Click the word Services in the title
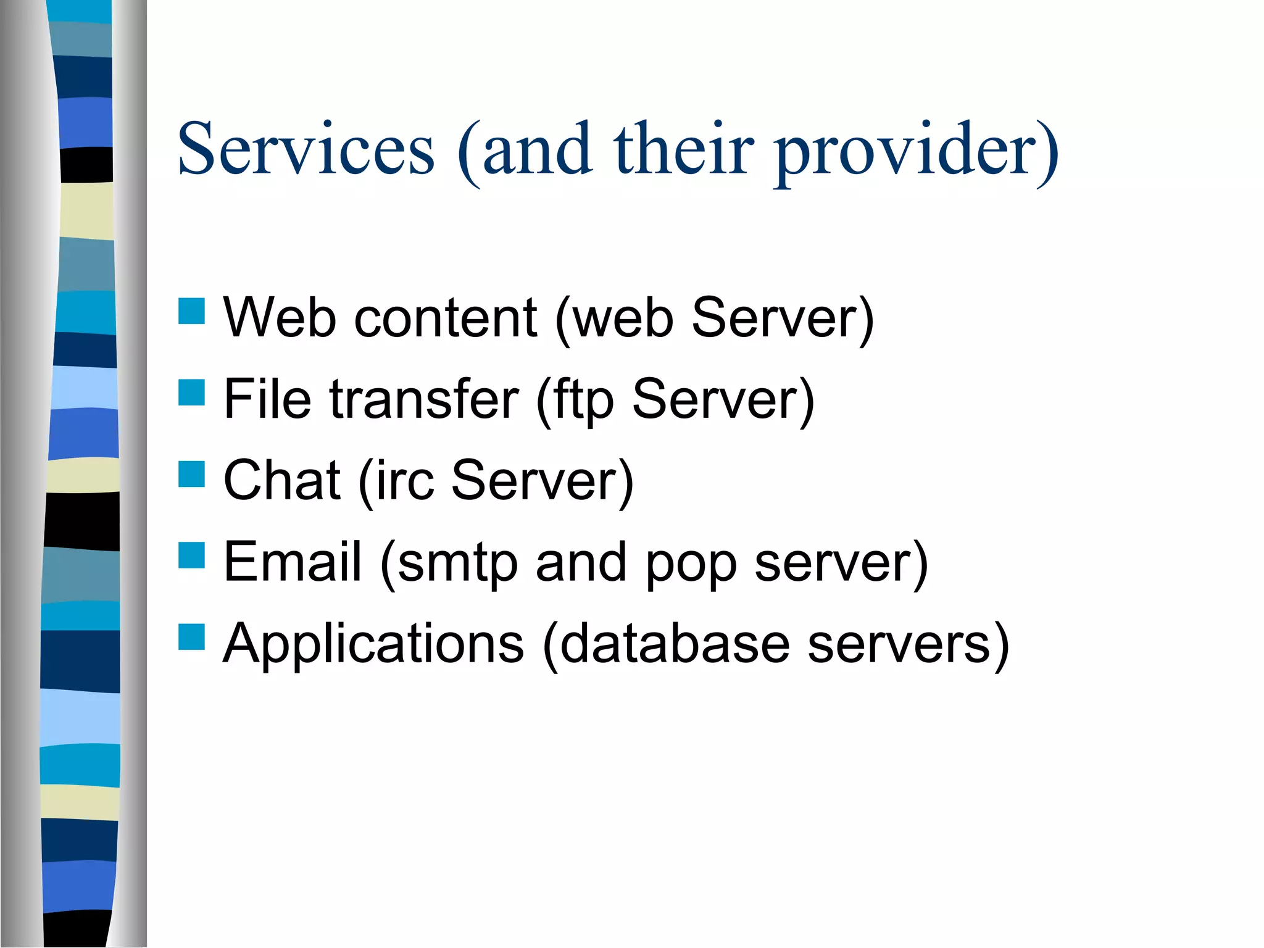(x=306, y=149)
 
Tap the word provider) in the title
(x=917, y=151)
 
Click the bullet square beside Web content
(x=191, y=311)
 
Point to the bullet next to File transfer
(x=191, y=393)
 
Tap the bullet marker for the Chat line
(x=191, y=474)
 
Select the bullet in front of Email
(x=191, y=554)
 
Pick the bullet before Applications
(x=191, y=636)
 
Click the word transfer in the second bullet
(x=424, y=399)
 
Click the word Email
(x=292, y=562)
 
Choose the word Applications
(x=373, y=644)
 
